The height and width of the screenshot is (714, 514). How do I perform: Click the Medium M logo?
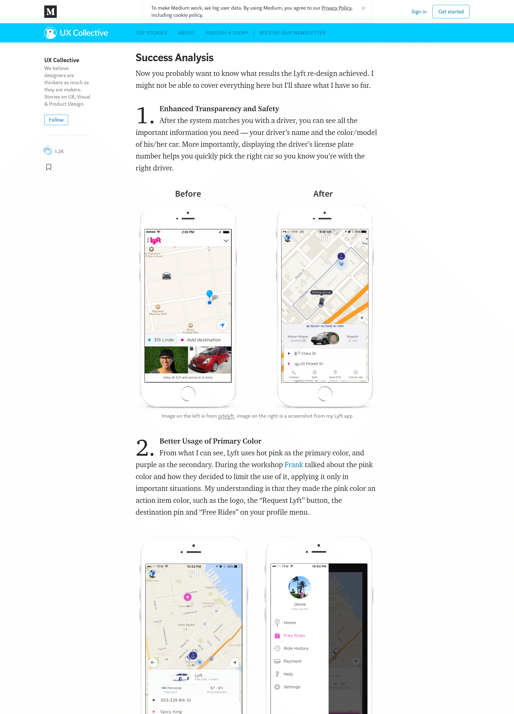coord(50,12)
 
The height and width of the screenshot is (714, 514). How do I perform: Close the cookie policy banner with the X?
coord(363,8)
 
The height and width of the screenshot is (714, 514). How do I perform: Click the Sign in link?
coord(419,12)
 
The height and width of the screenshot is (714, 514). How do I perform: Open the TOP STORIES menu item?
coord(151,33)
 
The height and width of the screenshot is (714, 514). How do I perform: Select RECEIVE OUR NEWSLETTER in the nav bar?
coord(292,33)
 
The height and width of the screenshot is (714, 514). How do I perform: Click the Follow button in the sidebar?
coord(56,120)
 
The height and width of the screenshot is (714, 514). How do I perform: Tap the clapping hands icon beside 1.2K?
coord(47,151)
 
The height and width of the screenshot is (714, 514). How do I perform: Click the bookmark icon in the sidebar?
coord(49,167)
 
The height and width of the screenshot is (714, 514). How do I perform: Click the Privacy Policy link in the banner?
coord(336,8)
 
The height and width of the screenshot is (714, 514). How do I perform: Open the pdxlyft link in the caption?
coord(226,416)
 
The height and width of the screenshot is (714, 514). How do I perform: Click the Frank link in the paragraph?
coord(293,465)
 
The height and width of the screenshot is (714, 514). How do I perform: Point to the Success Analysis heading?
coord(174,58)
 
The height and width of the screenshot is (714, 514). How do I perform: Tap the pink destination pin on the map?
coord(188,597)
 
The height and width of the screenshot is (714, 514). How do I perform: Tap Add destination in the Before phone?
coord(203,340)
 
